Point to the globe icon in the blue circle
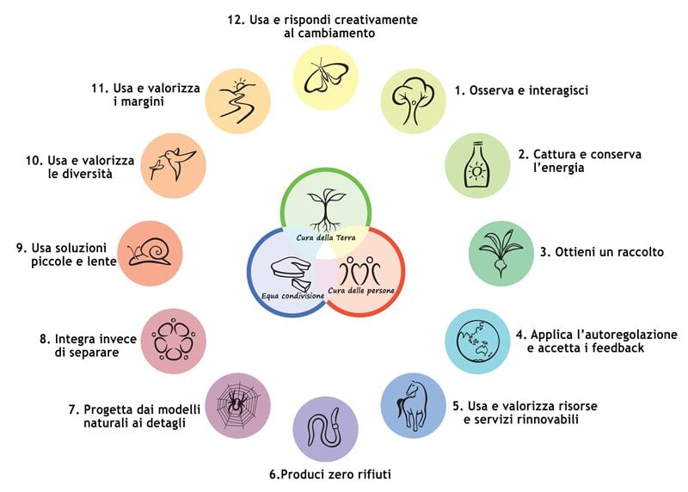click(x=478, y=339)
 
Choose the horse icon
click(x=415, y=405)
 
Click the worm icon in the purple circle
click(x=327, y=428)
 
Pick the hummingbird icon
click(x=173, y=164)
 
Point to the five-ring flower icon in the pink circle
click(x=173, y=339)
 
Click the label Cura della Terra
click(x=326, y=237)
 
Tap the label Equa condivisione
click(x=292, y=295)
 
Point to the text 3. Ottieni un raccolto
click(x=602, y=253)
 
